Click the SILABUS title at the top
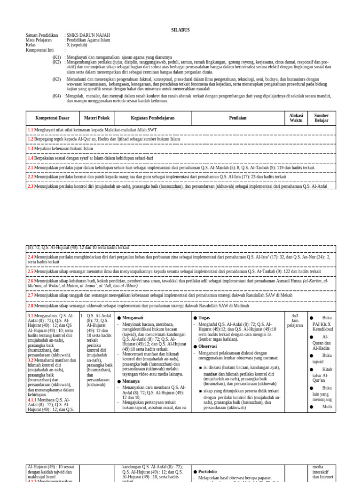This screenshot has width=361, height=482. [180, 30]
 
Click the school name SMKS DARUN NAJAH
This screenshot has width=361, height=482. [88, 35]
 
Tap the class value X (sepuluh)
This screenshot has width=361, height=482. [77, 45]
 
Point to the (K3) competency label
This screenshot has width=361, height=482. [56, 80]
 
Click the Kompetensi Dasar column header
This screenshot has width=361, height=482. [52, 118]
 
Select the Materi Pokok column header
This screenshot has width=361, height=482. [97, 118]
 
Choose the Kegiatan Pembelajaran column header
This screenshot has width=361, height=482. [153, 118]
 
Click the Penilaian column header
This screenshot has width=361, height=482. [237, 118]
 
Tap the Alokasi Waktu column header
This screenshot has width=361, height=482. [296, 118]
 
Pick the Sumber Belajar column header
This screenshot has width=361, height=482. [322, 118]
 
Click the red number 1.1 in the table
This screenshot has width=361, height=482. [30, 130]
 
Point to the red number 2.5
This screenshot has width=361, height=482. [30, 272]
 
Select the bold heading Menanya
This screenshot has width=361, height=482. [131, 381]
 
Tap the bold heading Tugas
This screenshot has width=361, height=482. [204, 318]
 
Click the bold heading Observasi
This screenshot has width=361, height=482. [207, 346]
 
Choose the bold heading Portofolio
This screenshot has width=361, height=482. [207, 472]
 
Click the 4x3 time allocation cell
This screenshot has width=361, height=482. [295, 316]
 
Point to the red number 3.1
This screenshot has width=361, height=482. [30, 316]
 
